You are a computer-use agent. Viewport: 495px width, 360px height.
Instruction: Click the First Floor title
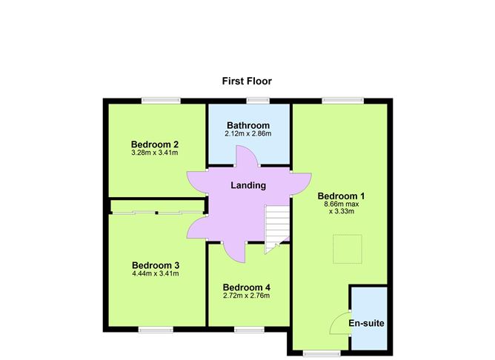coord(247,80)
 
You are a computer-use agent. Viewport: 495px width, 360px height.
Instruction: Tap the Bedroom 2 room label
coord(155,144)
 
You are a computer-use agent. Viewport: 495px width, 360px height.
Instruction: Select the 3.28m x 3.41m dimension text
coord(155,153)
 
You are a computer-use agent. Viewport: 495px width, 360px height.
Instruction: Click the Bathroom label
coord(248,125)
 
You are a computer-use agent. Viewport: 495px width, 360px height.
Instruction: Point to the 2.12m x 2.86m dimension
coord(248,134)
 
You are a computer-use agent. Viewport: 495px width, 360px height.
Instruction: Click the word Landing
coord(248,185)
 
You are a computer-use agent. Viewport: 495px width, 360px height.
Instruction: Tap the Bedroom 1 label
coord(342,196)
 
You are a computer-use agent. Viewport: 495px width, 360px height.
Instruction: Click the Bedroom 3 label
coord(156,264)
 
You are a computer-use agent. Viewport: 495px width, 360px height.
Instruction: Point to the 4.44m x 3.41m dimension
coord(156,273)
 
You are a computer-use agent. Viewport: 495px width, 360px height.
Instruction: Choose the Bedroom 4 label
coord(247,287)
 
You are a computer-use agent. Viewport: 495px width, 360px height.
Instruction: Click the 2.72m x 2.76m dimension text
coord(247,296)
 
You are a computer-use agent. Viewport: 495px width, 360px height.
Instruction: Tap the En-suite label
coord(368,324)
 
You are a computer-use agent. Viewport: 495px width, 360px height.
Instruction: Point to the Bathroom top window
coord(258,101)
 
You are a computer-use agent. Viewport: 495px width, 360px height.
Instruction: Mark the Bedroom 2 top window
coord(162,101)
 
